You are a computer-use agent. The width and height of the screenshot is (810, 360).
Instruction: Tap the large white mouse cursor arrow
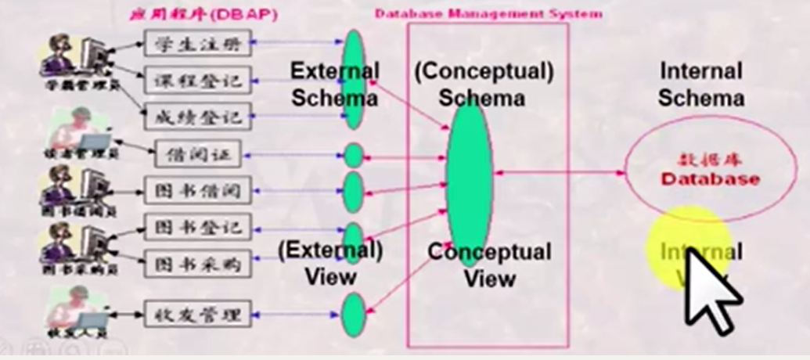point(708,290)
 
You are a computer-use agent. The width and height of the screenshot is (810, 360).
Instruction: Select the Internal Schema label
point(700,85)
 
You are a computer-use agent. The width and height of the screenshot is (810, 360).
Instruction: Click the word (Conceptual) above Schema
point(484,72)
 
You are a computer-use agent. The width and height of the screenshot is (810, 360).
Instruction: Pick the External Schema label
point(334,85)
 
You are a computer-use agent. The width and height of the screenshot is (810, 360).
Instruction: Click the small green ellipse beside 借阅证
point(354,156)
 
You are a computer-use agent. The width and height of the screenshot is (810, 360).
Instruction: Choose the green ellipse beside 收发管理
point(354,315)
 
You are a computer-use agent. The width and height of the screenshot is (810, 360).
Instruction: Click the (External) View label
point(330,264)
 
